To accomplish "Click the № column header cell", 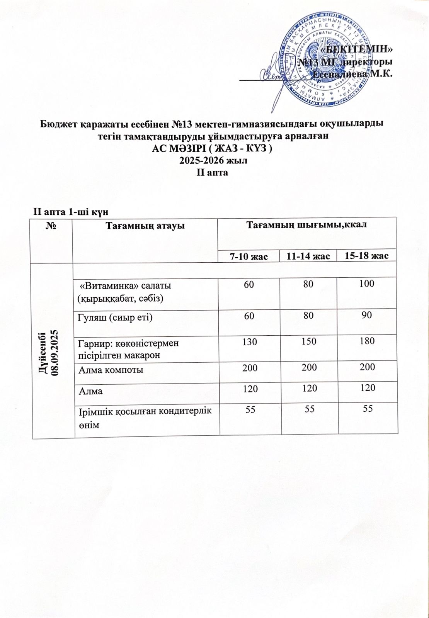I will point(52,226).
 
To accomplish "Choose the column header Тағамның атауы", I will point(145,226).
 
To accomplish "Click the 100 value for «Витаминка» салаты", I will point(366,284).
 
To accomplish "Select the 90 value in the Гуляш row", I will point(366,315).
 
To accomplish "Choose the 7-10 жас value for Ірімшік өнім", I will point(249,409).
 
